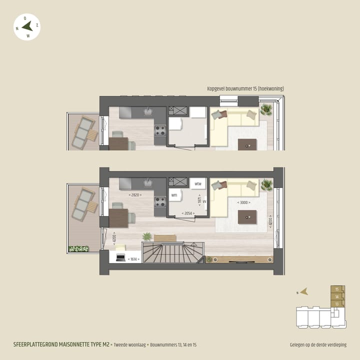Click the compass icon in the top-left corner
click(27, 27)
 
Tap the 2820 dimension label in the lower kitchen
click(135, 195)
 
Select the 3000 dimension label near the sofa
click(243, 202)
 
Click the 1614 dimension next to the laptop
click(133, 259)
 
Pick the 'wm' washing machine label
click(174, 195)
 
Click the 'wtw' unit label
click(197, 183)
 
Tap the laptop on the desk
click(120, 258)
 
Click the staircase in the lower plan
click(172, 252)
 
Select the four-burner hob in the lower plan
click(160, 202)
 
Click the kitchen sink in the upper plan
click(148, 111)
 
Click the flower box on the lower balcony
click(78, 248)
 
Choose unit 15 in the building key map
click(337, 289)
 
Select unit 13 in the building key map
click(337, 303)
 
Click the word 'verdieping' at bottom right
click(335, 345)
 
